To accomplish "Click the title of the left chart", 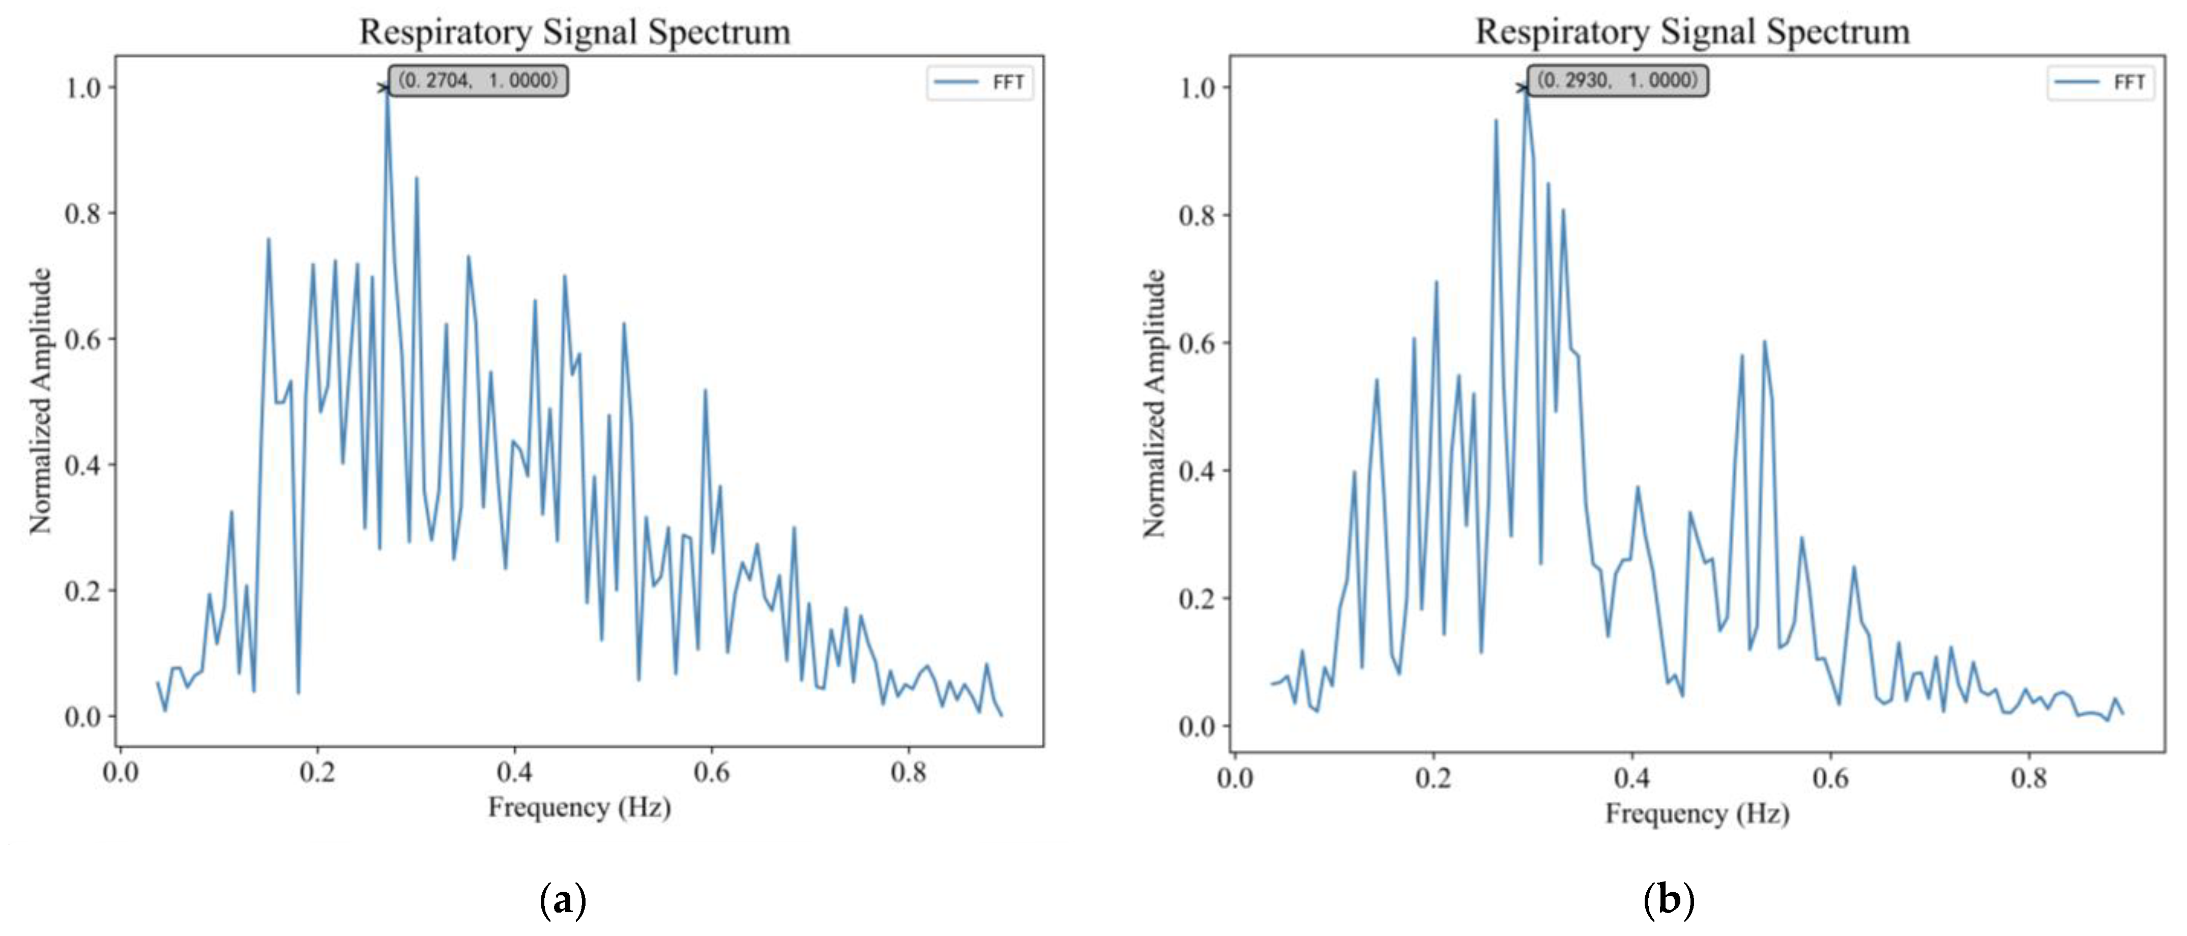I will [x=575, y=32].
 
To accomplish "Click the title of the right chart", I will [x=1692, y=32].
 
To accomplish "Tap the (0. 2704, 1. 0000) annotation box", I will [x=479, y=80].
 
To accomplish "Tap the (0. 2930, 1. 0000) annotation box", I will [x=1618, y=80].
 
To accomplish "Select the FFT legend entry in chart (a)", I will [x=981, y=82].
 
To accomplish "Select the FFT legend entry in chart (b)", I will [x=2101, y=82].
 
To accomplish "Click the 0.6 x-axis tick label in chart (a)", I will [x=712, y=773].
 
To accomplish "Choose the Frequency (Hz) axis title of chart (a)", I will [x=579, y=807].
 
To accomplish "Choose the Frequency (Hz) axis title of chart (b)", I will [x=1696, y=814].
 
